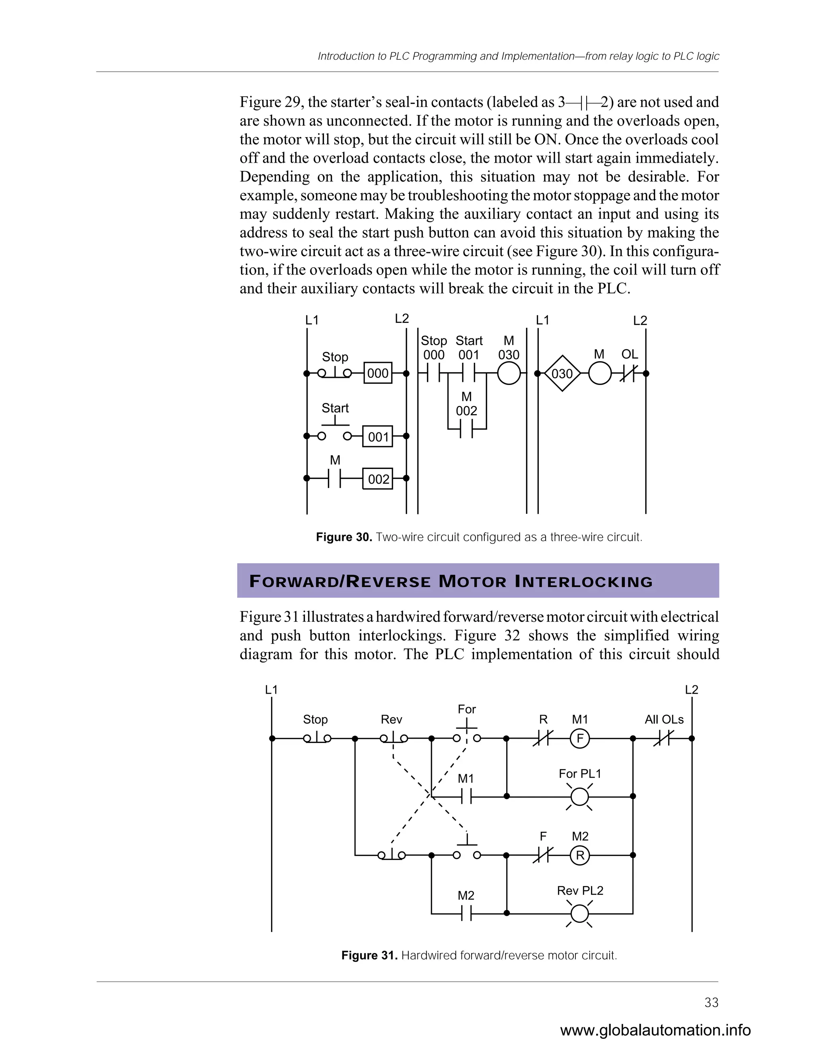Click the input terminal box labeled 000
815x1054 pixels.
pos(378,373)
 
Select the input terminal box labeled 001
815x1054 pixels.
pos(378,436)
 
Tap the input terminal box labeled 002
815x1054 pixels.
pos(378,479)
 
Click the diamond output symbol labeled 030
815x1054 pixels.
pos(562,373)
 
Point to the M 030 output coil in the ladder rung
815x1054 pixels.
pos(509,373)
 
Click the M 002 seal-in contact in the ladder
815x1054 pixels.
pos(466,428)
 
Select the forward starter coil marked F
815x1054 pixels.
pos(580,738)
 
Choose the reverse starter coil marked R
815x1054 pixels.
pos(580,856)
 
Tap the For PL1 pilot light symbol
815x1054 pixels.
pos(579,796)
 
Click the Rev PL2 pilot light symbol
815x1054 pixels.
pos(579,914)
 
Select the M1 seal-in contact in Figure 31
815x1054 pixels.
pos(466,796)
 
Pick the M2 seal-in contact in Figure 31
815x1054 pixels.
pos(466,914)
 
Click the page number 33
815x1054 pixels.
pos(711,1003)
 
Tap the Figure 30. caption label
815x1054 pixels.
pos(344,537)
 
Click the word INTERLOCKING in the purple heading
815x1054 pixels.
pos(584,581)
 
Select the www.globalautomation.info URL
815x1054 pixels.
pos(655,1031)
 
